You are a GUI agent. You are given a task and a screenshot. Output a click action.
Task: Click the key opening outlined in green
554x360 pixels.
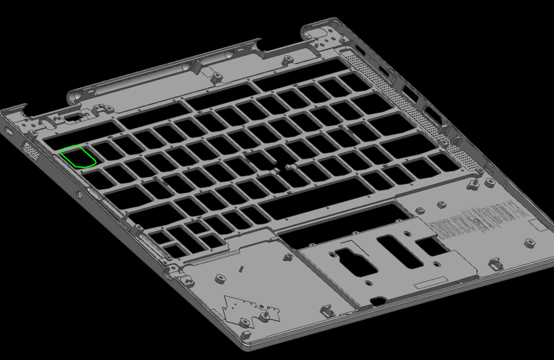point(78,157)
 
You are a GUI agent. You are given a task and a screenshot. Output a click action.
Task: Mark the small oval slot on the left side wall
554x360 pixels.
point(8,131)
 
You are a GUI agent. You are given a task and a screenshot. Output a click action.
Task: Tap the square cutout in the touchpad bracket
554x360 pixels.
point(431,245)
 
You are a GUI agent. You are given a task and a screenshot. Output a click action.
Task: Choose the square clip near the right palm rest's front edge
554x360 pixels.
point(496,263)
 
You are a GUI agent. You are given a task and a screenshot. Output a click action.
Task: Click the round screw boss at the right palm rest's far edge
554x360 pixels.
point(530,243)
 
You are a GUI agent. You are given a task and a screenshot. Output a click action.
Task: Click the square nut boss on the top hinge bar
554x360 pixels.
point(214,74)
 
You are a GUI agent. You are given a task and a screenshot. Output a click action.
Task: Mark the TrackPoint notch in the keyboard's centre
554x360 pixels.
point(277,168)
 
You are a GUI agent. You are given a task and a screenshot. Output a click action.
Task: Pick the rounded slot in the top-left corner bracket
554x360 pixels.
point(72,118)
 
